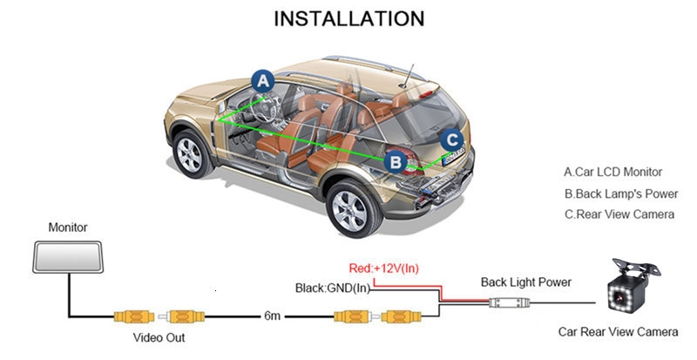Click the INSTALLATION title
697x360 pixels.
[349, 18]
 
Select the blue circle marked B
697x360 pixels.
[396, 161]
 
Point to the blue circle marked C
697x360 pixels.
[450, 139]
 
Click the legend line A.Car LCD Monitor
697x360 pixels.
[612, 172]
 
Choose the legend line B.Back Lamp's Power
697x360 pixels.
[620, 194]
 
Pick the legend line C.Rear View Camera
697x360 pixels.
[619, 214]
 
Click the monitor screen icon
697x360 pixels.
[68, 255]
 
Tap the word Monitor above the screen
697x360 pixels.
[68, 228]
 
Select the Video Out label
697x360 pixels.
[159, 336]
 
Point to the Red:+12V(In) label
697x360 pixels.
[382, 268]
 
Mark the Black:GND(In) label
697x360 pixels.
[332, 288]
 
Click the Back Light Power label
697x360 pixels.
[526, 282]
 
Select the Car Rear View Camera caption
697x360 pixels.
[617, 332]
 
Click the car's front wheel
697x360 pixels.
[189, 153]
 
